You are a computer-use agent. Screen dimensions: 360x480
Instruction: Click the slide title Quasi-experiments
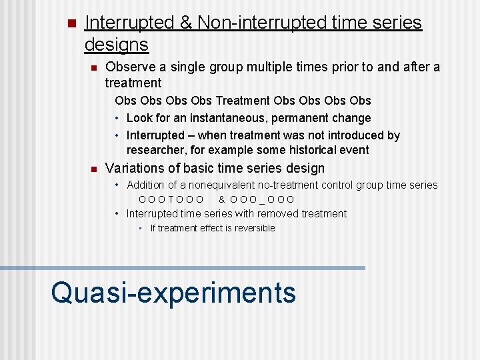point(173,292)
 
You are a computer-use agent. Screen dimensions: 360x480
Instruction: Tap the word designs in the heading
point(116,45)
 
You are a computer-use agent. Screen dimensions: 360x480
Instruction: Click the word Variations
point(135,168)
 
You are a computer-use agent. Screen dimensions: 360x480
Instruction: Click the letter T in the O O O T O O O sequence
point(171,199)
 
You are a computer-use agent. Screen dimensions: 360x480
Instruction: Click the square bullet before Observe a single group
point(94,67)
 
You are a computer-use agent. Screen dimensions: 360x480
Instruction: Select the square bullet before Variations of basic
point(94,169)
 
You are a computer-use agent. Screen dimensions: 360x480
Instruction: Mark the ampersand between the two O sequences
point(222,199)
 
